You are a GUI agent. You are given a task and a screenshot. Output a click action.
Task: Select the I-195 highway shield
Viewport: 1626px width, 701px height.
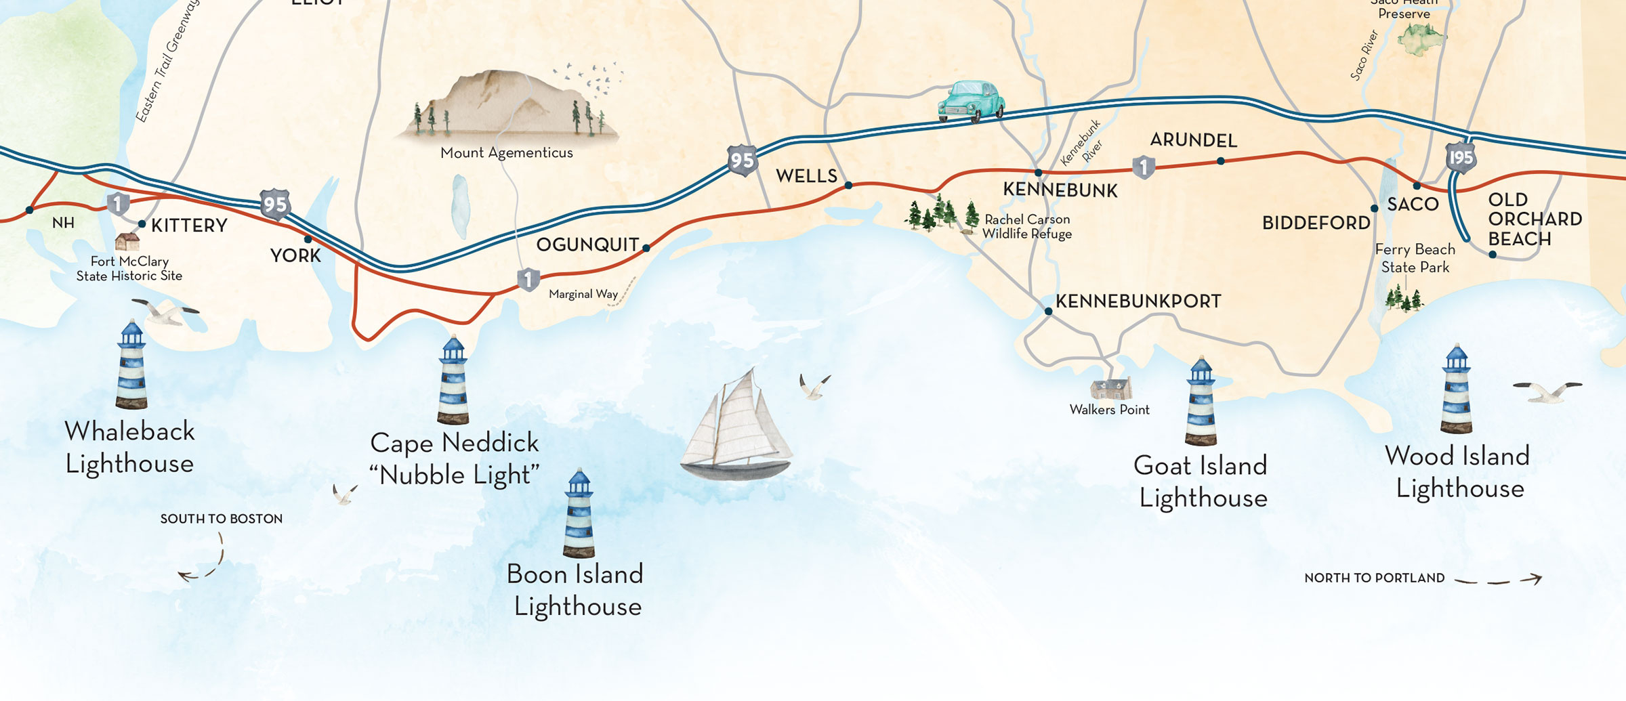click(x=1461, y=158)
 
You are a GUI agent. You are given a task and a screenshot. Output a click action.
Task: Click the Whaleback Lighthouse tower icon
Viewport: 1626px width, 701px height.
click(x=131, y=366)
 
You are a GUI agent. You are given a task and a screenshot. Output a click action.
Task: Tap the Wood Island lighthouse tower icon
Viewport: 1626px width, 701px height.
click(x=1457, y=389)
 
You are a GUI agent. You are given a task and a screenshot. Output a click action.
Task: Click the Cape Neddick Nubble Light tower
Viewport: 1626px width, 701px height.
click(x=453, y=381)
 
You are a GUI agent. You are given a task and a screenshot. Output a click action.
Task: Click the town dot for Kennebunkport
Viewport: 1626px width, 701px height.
click(x=1048, y=312)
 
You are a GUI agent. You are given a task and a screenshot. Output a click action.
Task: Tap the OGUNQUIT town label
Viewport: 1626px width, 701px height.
click(x=587, y=245)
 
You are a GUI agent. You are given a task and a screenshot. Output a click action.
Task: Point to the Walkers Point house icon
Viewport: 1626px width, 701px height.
click(x=1110, y=389)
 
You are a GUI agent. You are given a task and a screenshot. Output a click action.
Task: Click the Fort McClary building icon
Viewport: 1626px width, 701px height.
click(x=127, y=241)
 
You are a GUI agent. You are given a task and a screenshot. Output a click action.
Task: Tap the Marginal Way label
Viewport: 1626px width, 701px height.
click(x=583, y=294)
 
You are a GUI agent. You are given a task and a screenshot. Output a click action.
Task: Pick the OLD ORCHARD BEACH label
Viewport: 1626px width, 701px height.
click(x=1534, y=219)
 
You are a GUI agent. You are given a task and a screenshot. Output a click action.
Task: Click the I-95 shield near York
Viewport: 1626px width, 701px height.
click(x=275, y=204)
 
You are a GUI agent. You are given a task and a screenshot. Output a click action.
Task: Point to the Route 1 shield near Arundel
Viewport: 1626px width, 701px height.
click(x=1144, y=167)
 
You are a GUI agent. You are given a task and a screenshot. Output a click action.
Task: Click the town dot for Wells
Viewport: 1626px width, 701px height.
click(x=848, y=185)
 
